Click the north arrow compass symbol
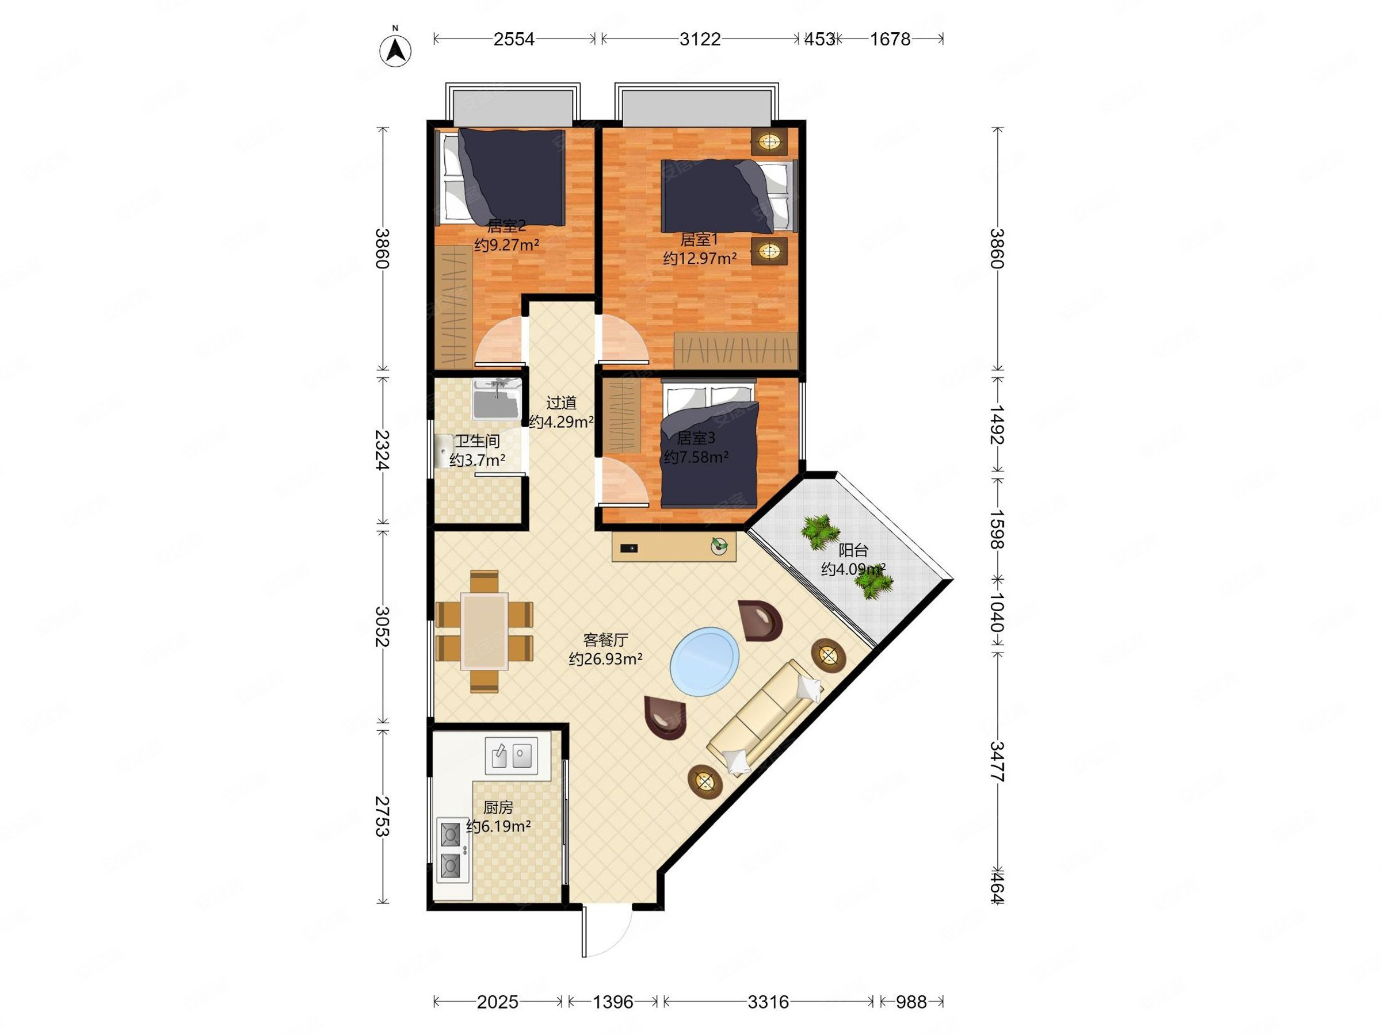(395, 49)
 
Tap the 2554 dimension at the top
(514, 39)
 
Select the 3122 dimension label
(700, 39)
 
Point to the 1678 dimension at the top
(890, 39)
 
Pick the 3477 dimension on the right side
(997, 762)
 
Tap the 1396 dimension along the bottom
(613, 1002)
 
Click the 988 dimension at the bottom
(911, 1002)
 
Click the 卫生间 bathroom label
(478, 441)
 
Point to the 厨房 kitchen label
(498, 807)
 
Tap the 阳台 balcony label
(853, 550)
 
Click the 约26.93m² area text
(605, 659)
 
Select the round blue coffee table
(705, 662)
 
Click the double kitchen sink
(512, 756)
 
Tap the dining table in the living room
(485, 631)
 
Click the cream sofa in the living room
(765, 717)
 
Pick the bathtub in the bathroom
(497, 398)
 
